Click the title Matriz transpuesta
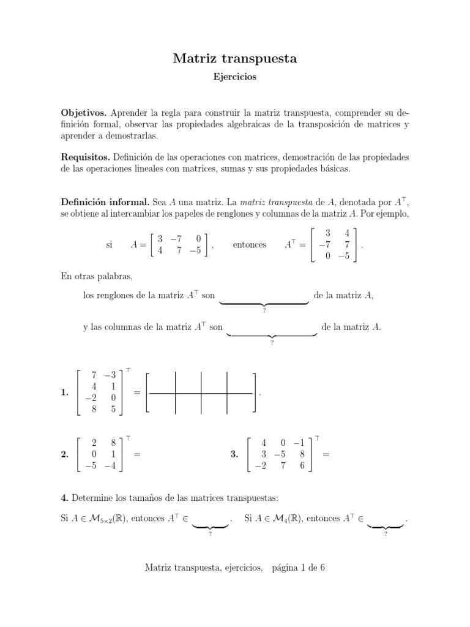coord(235,59)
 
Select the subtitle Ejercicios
coord(235,78)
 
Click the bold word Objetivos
coord(84,113)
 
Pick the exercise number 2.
coord(65,455)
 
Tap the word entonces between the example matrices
coord(250,244)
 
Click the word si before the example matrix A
coord(110,244)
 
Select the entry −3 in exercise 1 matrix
coord(110,375)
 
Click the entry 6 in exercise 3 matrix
coord(302,466)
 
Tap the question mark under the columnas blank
coord(272,344)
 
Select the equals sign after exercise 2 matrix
coord(136,455)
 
